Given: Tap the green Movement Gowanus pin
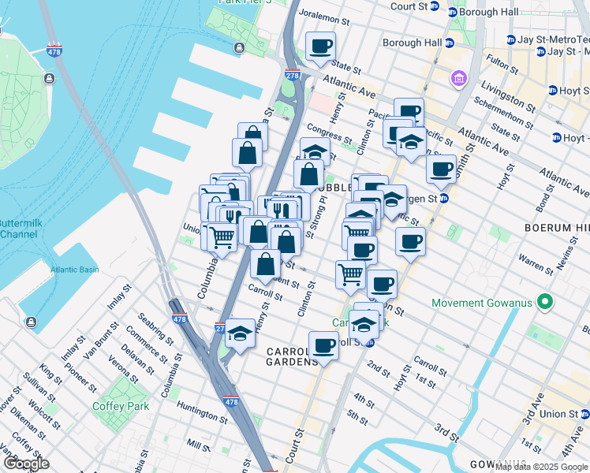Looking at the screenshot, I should click(544, 302).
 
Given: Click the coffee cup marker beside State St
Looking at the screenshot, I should click(320, 47).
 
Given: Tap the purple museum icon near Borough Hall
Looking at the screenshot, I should click(458, 79).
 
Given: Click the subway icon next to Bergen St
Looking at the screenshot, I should click(444, 199).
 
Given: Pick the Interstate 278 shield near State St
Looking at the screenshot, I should click(290, 75).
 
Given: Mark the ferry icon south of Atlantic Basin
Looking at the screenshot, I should click(30, 322).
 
